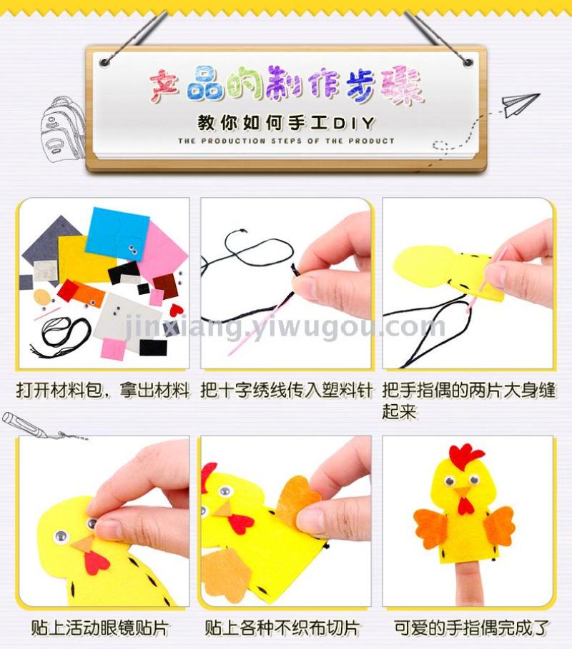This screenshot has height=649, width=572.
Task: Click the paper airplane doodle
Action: [x=520, y=104]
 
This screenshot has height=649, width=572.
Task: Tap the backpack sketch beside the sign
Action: [x=63, y=129]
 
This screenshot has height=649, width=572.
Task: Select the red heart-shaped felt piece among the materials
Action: [x=176, y=309]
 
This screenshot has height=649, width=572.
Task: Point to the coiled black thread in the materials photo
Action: [x=62, y=336]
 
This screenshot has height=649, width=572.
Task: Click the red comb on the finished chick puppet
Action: [x=466, y=454]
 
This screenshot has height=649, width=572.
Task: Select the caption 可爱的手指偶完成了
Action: [x=471, y=628]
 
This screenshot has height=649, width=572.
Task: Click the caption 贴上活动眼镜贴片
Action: [x=100, y=628]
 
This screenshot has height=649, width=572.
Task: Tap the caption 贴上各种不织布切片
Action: [x=282, y=628]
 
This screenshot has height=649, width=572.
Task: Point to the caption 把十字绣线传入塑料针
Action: [x=287, y=390]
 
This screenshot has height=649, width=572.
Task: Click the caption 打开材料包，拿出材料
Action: [x=103, y=390]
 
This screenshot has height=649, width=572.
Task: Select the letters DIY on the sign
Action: [x=355, y=123]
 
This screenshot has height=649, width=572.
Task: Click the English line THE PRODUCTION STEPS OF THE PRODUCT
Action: [x=286, y=141]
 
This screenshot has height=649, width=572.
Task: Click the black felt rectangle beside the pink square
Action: [x=153, y=348]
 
